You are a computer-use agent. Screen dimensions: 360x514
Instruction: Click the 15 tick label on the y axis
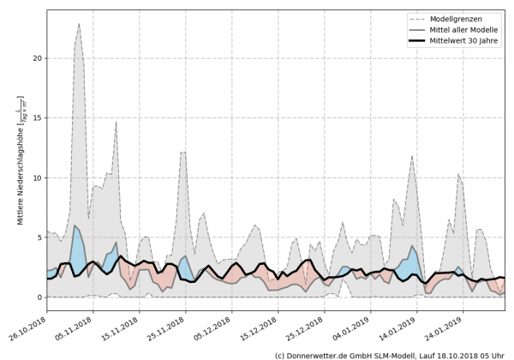[x=35, y=118]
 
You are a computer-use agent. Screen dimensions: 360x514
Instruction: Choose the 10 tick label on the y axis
[x=35, y=177]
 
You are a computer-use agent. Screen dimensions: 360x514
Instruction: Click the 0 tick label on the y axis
[x=38, y=297]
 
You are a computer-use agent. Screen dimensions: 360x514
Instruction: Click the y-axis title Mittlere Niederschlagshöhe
[x=20, y=163]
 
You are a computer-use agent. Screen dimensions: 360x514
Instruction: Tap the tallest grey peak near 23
[x=79, y=25]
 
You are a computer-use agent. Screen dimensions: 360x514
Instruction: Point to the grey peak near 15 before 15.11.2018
[x=117, y=122]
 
